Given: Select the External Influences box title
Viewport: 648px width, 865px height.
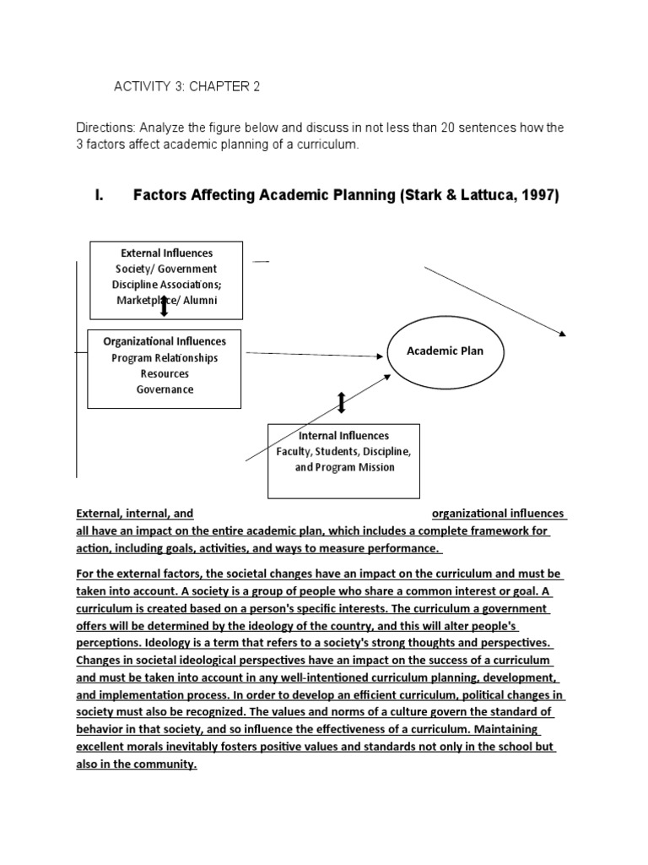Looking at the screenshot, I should (x=166, y=253).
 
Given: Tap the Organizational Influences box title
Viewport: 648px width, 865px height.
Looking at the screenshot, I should (x=165, y=341).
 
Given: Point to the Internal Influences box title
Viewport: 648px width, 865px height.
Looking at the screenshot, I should (x=343, y=435).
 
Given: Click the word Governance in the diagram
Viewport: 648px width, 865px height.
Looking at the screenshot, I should (x=165, y=389).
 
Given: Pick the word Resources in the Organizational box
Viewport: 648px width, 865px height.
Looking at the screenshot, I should (x=165, y=373).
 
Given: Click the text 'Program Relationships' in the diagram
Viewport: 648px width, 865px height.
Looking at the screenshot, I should (x=165, y=357).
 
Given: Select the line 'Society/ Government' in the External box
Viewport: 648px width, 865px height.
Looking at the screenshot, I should (x=166, y=269).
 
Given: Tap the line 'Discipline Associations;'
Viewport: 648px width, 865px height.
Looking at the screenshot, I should (x=166, y=284).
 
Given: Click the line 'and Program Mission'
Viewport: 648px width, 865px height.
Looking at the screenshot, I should (x=344, y=467).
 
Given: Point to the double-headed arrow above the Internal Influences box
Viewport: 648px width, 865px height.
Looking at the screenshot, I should (x=341, y=403).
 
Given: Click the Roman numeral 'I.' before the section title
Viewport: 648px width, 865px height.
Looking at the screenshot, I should (x=99, y=196).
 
